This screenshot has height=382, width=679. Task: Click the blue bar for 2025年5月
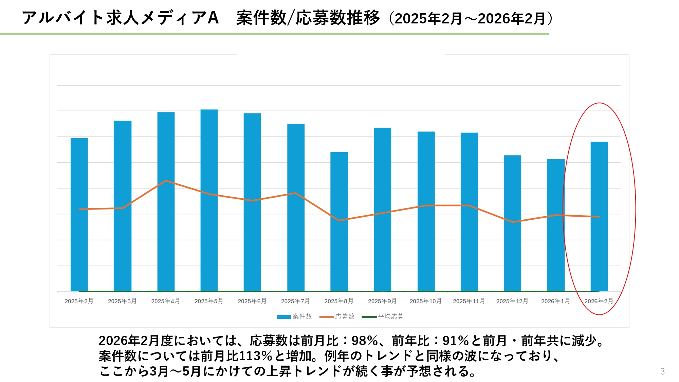click(x=209, y=200)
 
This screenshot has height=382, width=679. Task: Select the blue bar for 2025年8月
click(x=339, y=221)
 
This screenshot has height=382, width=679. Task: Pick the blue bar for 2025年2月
click(x=79, y=215)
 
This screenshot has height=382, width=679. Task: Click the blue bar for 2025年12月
click(x=512, y=223)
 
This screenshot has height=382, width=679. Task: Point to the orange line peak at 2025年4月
click(x=166, y=181)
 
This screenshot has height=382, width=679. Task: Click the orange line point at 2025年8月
click(x=339, y=220)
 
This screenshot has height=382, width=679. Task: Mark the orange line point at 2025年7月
click(x=296, y=193)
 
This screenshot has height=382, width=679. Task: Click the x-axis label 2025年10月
click(x=425, y=301)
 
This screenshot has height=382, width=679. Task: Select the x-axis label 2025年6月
click(x=252, y=301)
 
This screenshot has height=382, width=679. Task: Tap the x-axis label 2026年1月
click(x=555, y=301)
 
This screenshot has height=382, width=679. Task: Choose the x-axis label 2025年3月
click(x=122, y=301)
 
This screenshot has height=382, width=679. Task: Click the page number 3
click(x=662, y=371)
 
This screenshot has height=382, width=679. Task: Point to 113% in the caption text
click(x=255, y=356)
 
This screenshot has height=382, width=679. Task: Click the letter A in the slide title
click(x=213, y=18)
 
